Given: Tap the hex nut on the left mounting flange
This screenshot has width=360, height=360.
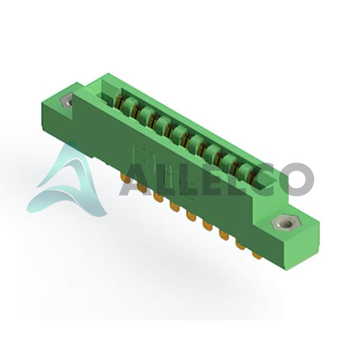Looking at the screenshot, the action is tap(66, 101).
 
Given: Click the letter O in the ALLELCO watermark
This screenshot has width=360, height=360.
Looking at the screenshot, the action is tap(298, 180).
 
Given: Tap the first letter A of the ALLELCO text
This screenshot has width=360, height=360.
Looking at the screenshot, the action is tap(134, 180).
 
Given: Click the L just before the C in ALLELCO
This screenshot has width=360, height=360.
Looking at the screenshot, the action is tap(231, 180).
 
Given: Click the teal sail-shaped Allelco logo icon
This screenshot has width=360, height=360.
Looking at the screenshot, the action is tap(68, 181).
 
